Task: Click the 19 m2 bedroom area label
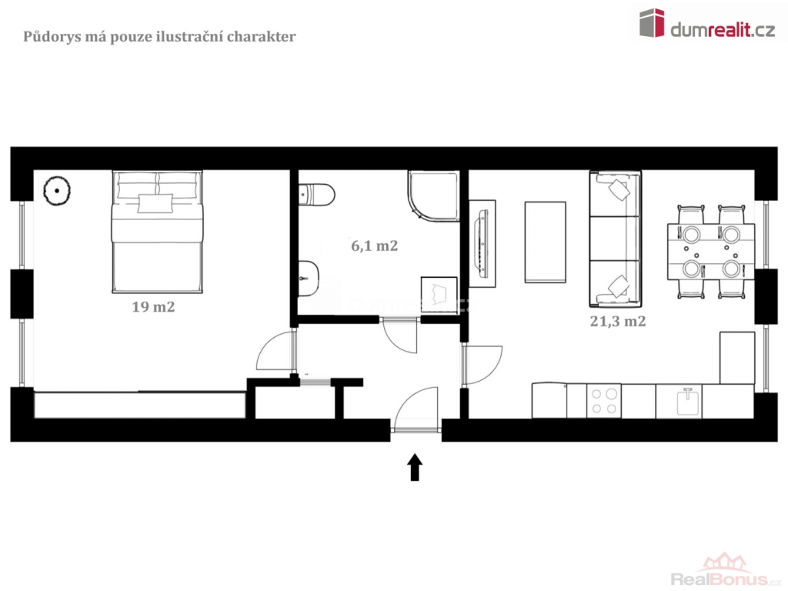(x=153, y=306)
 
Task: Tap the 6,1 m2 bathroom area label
(x=375, y=245)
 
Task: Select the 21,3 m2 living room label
(x=618, y=321)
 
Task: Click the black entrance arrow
(x=415, y=467)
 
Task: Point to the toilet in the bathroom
(x=316, y=195)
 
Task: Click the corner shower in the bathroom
(x=434, y=196)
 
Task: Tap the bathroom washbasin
(x=309, y=278)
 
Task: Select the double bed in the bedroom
(x=157, y=232)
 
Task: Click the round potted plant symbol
(x=57, y=191)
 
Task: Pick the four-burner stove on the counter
(x=603, y=401)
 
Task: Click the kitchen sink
(x=689, y=402)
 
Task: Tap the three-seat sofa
(x=615, y=239)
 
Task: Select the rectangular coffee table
(x=546, y=242)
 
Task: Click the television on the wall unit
(x=482, y=244)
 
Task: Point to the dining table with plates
(x=710, y=252)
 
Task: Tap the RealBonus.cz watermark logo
(x=725, y=570)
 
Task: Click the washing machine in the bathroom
(x=439, y=295)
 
